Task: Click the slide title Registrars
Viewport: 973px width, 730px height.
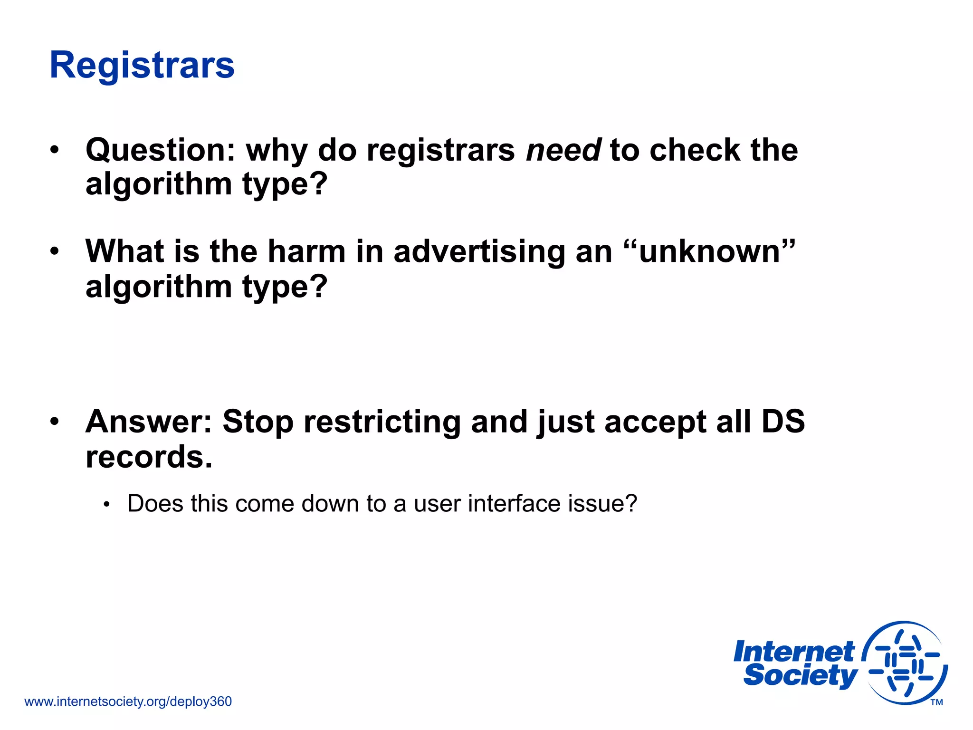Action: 142,65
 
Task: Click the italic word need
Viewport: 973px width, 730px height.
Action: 564,150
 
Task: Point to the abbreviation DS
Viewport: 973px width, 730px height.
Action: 783,422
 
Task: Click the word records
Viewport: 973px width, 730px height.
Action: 149,457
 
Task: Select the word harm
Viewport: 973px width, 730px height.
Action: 306,251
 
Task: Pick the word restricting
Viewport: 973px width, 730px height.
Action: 382,422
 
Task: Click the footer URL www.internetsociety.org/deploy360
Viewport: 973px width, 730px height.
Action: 128,701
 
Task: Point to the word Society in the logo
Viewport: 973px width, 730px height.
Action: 800,675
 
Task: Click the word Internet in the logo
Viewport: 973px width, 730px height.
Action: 793,652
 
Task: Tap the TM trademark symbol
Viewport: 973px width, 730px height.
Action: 936,702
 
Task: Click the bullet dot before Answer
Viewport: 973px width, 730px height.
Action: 55,421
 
